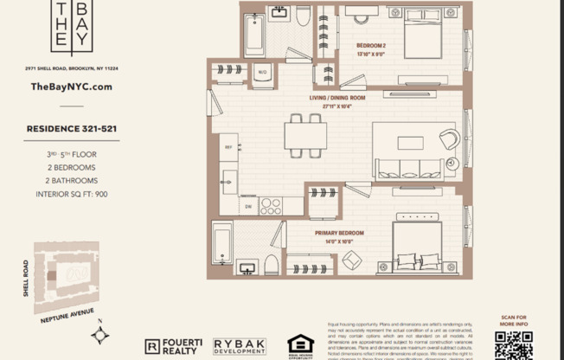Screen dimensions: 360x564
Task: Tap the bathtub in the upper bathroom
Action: tap(253, 35)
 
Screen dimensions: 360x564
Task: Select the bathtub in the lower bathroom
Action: tap(222, 242)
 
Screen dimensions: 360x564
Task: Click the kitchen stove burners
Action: tap(271, 206)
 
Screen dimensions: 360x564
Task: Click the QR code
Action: tap(513, 344)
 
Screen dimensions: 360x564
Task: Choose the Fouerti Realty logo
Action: tap(174, 346)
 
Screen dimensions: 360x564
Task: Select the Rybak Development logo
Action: tap(240, 346)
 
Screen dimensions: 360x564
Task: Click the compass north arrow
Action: tap(101, 332)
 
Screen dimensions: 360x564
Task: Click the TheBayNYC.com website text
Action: tap(71, 87)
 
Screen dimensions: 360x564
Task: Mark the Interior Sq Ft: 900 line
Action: tap(71, 194)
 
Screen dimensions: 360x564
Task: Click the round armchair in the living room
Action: tap(449, 138)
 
